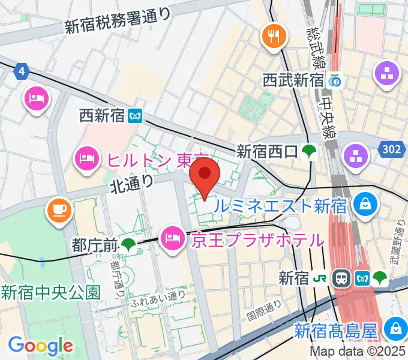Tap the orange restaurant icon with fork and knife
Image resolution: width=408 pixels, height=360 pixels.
(272, 37)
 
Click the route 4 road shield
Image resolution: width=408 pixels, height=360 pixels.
(22, 71)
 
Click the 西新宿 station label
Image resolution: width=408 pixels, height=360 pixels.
(102, 115)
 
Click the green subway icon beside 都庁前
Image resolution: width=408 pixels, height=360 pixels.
(128, 245)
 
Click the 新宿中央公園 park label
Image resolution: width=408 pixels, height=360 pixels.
(50, 293)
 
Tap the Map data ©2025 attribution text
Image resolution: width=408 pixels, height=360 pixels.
(357, 352)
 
